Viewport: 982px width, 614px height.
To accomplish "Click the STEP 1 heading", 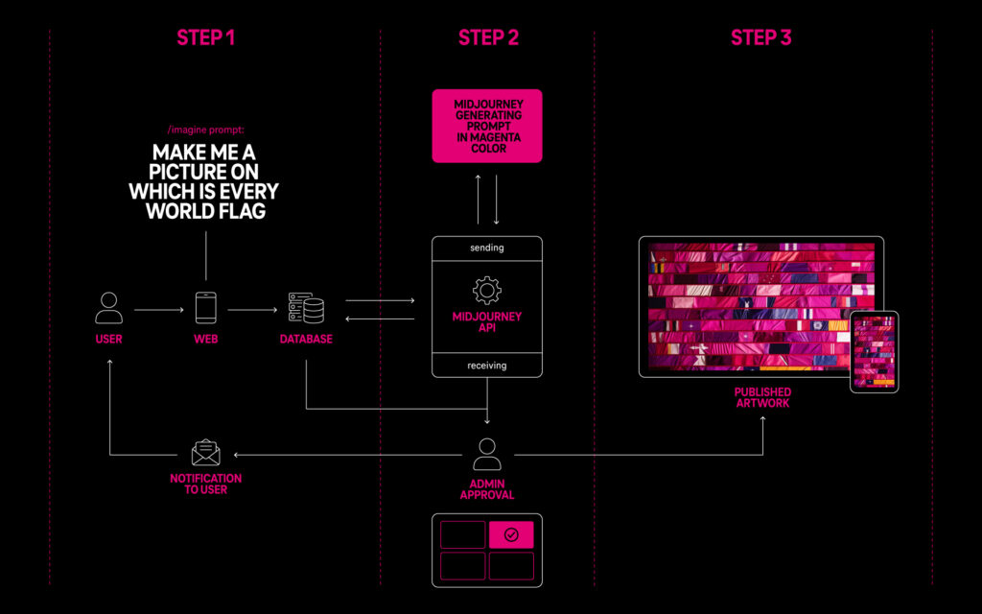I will (x=205, y=37).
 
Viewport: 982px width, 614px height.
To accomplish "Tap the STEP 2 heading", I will (x=488, y=37).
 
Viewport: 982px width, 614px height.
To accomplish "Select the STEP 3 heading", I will (x=761, y=37).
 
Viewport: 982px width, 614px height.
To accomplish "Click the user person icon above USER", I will (x=109, y=308).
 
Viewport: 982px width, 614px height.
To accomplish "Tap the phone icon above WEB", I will (x=205, y=308).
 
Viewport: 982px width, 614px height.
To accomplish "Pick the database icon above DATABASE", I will (x=306, y=308).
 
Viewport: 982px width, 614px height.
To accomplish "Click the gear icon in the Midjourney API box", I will (x=487, y=290).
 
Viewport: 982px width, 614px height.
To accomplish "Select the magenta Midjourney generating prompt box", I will (x=487, y=126).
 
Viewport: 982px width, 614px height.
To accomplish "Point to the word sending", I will (x=487, y=248).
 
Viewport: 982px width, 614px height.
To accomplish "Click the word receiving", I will (x=487, y=366).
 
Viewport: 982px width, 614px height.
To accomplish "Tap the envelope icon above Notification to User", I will (x=205, y=453).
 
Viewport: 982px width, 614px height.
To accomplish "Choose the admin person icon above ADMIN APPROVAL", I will (x=487, y=453).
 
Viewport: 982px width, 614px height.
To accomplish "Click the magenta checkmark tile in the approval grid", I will (x=511, y=535).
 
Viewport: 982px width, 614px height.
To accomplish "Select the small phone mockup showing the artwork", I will (x=874, y=351).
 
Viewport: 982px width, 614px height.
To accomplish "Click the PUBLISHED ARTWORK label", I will (x=762, y=398).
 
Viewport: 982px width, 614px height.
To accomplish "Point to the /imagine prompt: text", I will (x=205, y=129).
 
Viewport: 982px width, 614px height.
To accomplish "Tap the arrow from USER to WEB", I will (x=157, y=310).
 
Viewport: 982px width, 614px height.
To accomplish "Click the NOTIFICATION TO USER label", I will (x=205, y=484).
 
